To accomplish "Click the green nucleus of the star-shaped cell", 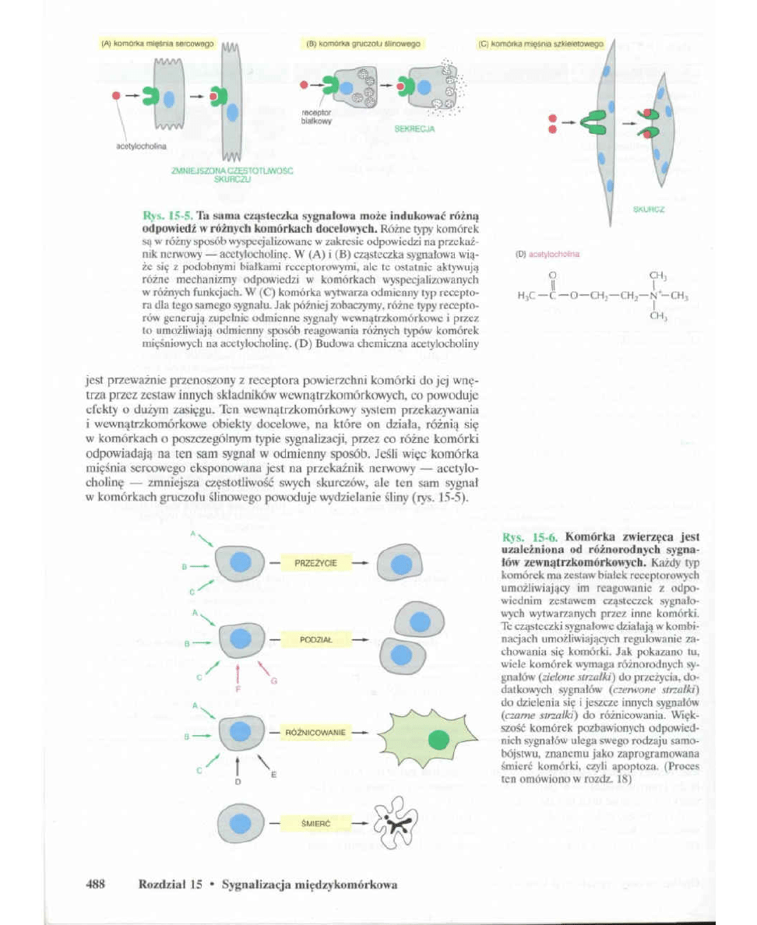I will click(440, 737).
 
